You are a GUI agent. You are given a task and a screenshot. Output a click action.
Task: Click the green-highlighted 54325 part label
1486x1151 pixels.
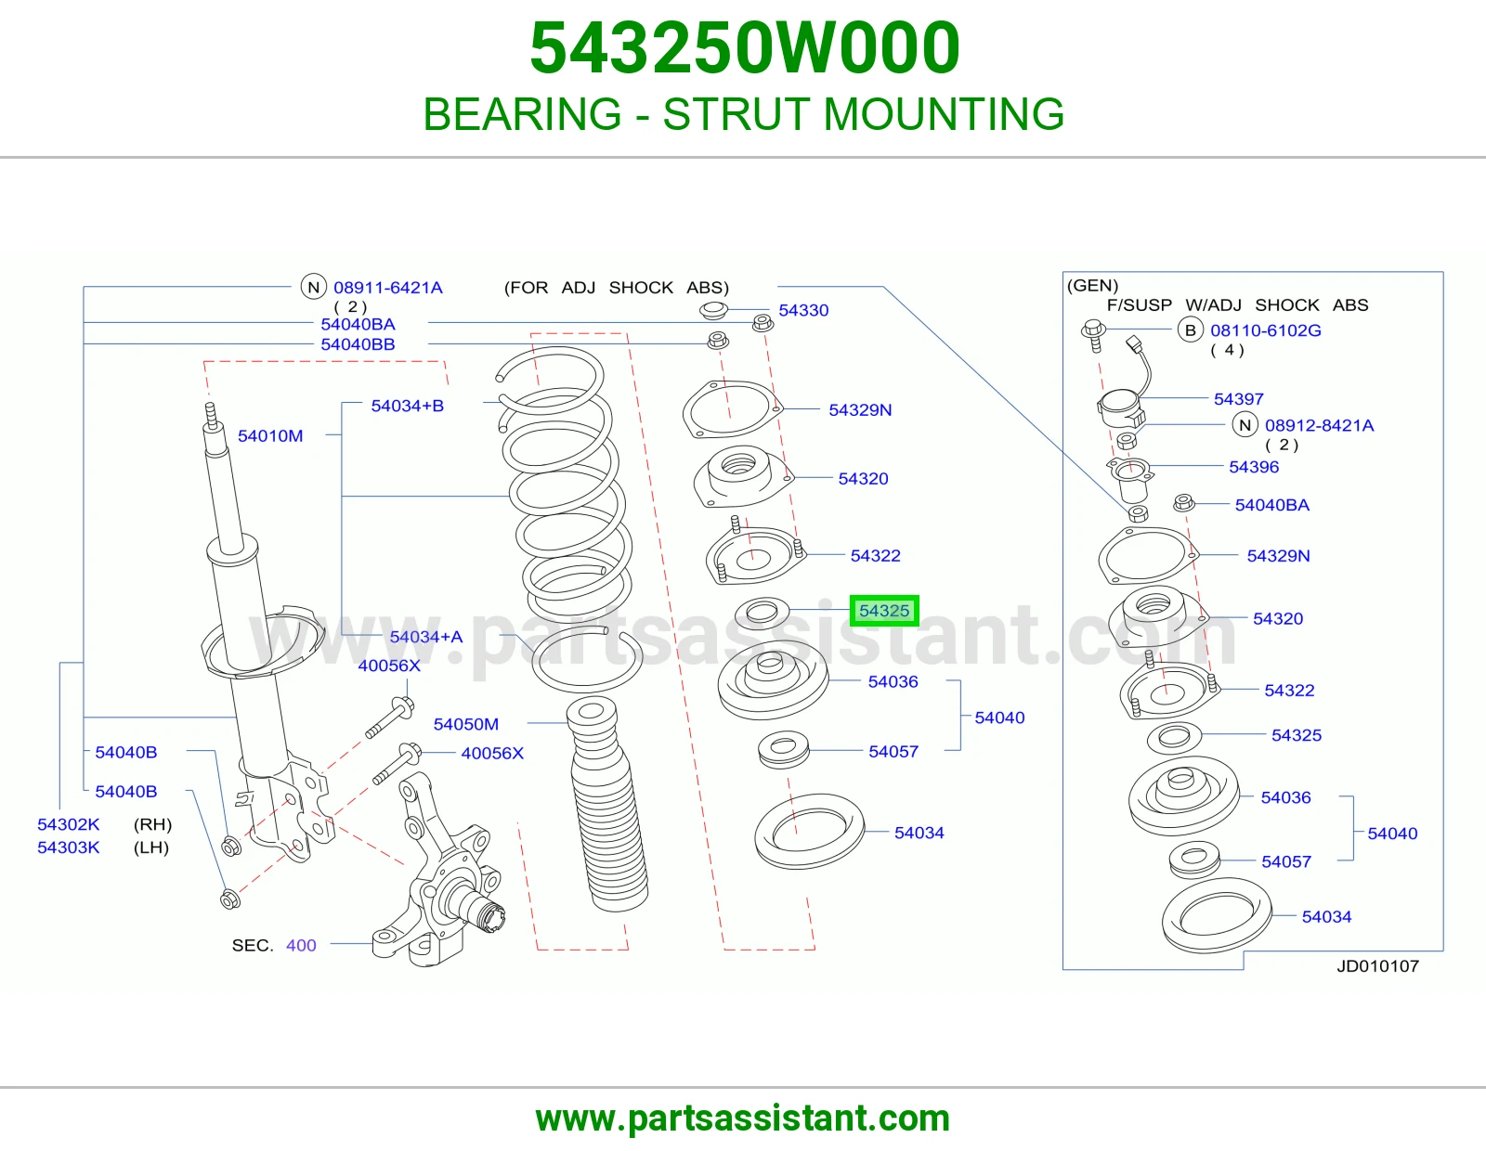[x=883, y=611]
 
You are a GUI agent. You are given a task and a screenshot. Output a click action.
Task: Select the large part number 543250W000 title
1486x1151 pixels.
[x=745, y=47]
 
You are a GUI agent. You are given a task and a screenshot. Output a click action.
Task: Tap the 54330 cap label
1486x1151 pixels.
[x=803, y=310]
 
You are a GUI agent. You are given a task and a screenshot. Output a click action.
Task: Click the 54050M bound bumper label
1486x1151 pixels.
[x=465, y=724]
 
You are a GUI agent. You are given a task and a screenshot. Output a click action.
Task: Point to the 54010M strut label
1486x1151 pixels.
[x=270, y=435]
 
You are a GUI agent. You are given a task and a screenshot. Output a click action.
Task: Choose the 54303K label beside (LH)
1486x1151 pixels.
[x=69, y=847]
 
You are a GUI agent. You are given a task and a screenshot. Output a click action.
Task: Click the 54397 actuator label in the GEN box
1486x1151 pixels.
[x=1238, y=398]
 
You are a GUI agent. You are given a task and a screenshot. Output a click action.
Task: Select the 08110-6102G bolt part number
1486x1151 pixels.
[x=1266, y=330]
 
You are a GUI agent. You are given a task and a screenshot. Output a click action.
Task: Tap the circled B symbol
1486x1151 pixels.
[x=1190, y=330]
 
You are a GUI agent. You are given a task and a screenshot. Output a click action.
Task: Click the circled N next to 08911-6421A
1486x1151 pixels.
[x=313, y=287]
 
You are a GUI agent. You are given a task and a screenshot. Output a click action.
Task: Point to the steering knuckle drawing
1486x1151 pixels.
[x=437, y=872]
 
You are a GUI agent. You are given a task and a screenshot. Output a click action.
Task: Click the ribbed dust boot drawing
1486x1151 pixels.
[x=606, y=804]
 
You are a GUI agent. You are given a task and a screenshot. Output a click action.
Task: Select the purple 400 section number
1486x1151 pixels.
[x=301, y=945]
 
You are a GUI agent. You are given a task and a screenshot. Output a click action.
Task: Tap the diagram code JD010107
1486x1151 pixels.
[x=1378, y=965]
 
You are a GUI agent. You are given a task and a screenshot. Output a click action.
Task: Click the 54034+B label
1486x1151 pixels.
[x=408, y=406]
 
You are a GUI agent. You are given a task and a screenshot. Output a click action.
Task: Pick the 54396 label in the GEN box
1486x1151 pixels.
[x=1254, y=467]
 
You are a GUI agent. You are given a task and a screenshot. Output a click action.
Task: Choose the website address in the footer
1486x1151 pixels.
[x=743, y=1119]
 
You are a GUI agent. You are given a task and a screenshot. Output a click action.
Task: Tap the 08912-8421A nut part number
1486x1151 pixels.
[x=1319, y=425]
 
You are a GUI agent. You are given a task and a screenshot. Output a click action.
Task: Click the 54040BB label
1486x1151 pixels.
[x=358, y=343]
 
